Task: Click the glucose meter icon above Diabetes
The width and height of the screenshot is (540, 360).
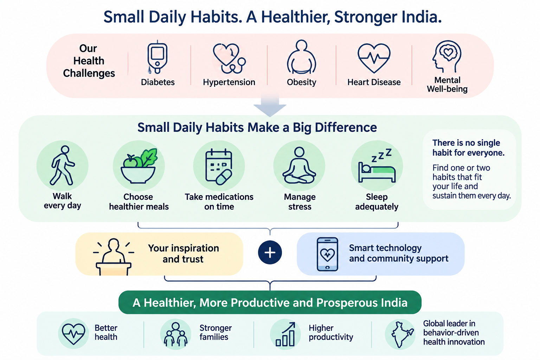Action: pos(157,57)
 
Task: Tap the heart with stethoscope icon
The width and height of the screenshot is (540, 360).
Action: pos(229,58)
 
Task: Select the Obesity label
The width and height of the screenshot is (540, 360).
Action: pos(301,82)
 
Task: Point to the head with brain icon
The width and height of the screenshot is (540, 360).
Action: pos(447,56)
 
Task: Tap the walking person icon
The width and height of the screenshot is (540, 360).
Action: pos(63,166)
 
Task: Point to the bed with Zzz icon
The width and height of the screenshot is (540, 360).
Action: pos(377,166)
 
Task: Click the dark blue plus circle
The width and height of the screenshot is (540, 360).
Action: pos(270,252)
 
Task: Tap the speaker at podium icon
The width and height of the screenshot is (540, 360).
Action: pos(114,257)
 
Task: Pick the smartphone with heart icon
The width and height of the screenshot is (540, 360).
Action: pos(327,255)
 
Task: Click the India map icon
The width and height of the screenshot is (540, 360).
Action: pos(401,335)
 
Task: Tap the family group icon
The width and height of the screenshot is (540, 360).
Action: pos(175,334)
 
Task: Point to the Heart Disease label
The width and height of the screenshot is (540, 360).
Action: pos(374,82)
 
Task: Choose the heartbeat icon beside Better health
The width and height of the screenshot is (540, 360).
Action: pos(73,334)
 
